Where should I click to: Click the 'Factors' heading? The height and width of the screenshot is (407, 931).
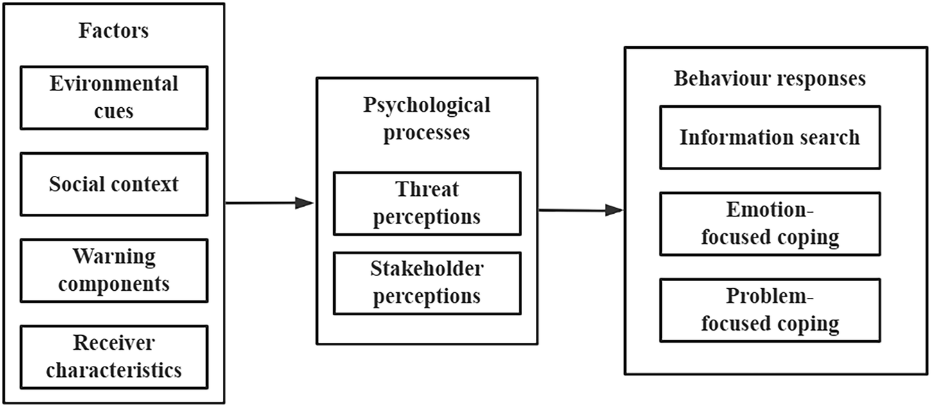click(114, 31)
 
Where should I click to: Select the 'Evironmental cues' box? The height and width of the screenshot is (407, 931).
click(114, 97)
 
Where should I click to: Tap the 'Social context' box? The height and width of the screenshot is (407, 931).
click(114, 184)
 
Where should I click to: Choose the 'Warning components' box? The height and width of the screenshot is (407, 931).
click(114, 270)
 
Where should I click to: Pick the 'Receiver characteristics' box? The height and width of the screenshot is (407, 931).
click(114, 356)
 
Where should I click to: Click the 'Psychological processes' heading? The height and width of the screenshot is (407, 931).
click(426, 119)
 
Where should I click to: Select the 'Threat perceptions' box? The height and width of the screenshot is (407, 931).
click(426, 203)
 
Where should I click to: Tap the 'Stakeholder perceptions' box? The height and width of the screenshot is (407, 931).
click(426, 282)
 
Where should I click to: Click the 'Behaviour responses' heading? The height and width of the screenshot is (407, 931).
click(769, 78)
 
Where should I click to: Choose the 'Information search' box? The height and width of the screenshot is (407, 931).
click(769, 137)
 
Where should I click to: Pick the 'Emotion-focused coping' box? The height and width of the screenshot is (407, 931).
click(769, 223)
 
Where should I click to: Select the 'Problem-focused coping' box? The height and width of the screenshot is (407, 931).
click(769, 310)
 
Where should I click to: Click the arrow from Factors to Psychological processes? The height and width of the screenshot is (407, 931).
click(270, 203)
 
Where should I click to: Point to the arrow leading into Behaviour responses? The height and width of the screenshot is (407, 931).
click(580, 210)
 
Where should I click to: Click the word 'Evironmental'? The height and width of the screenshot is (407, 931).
click(114, 84)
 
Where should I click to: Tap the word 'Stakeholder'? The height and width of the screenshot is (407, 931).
click(426, 270)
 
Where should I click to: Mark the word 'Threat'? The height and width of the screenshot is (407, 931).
click(426, 190)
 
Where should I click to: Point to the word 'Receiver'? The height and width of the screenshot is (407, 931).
click(114, 343)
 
